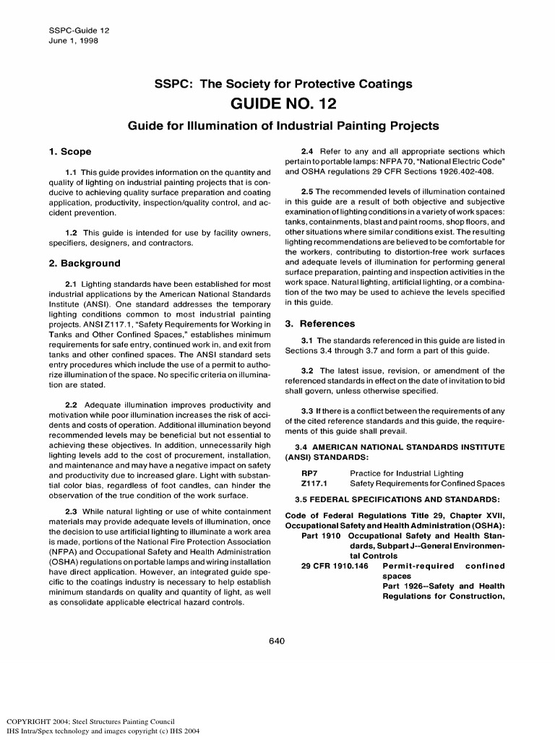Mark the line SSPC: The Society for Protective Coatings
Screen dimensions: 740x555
[x=283, y=84]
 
